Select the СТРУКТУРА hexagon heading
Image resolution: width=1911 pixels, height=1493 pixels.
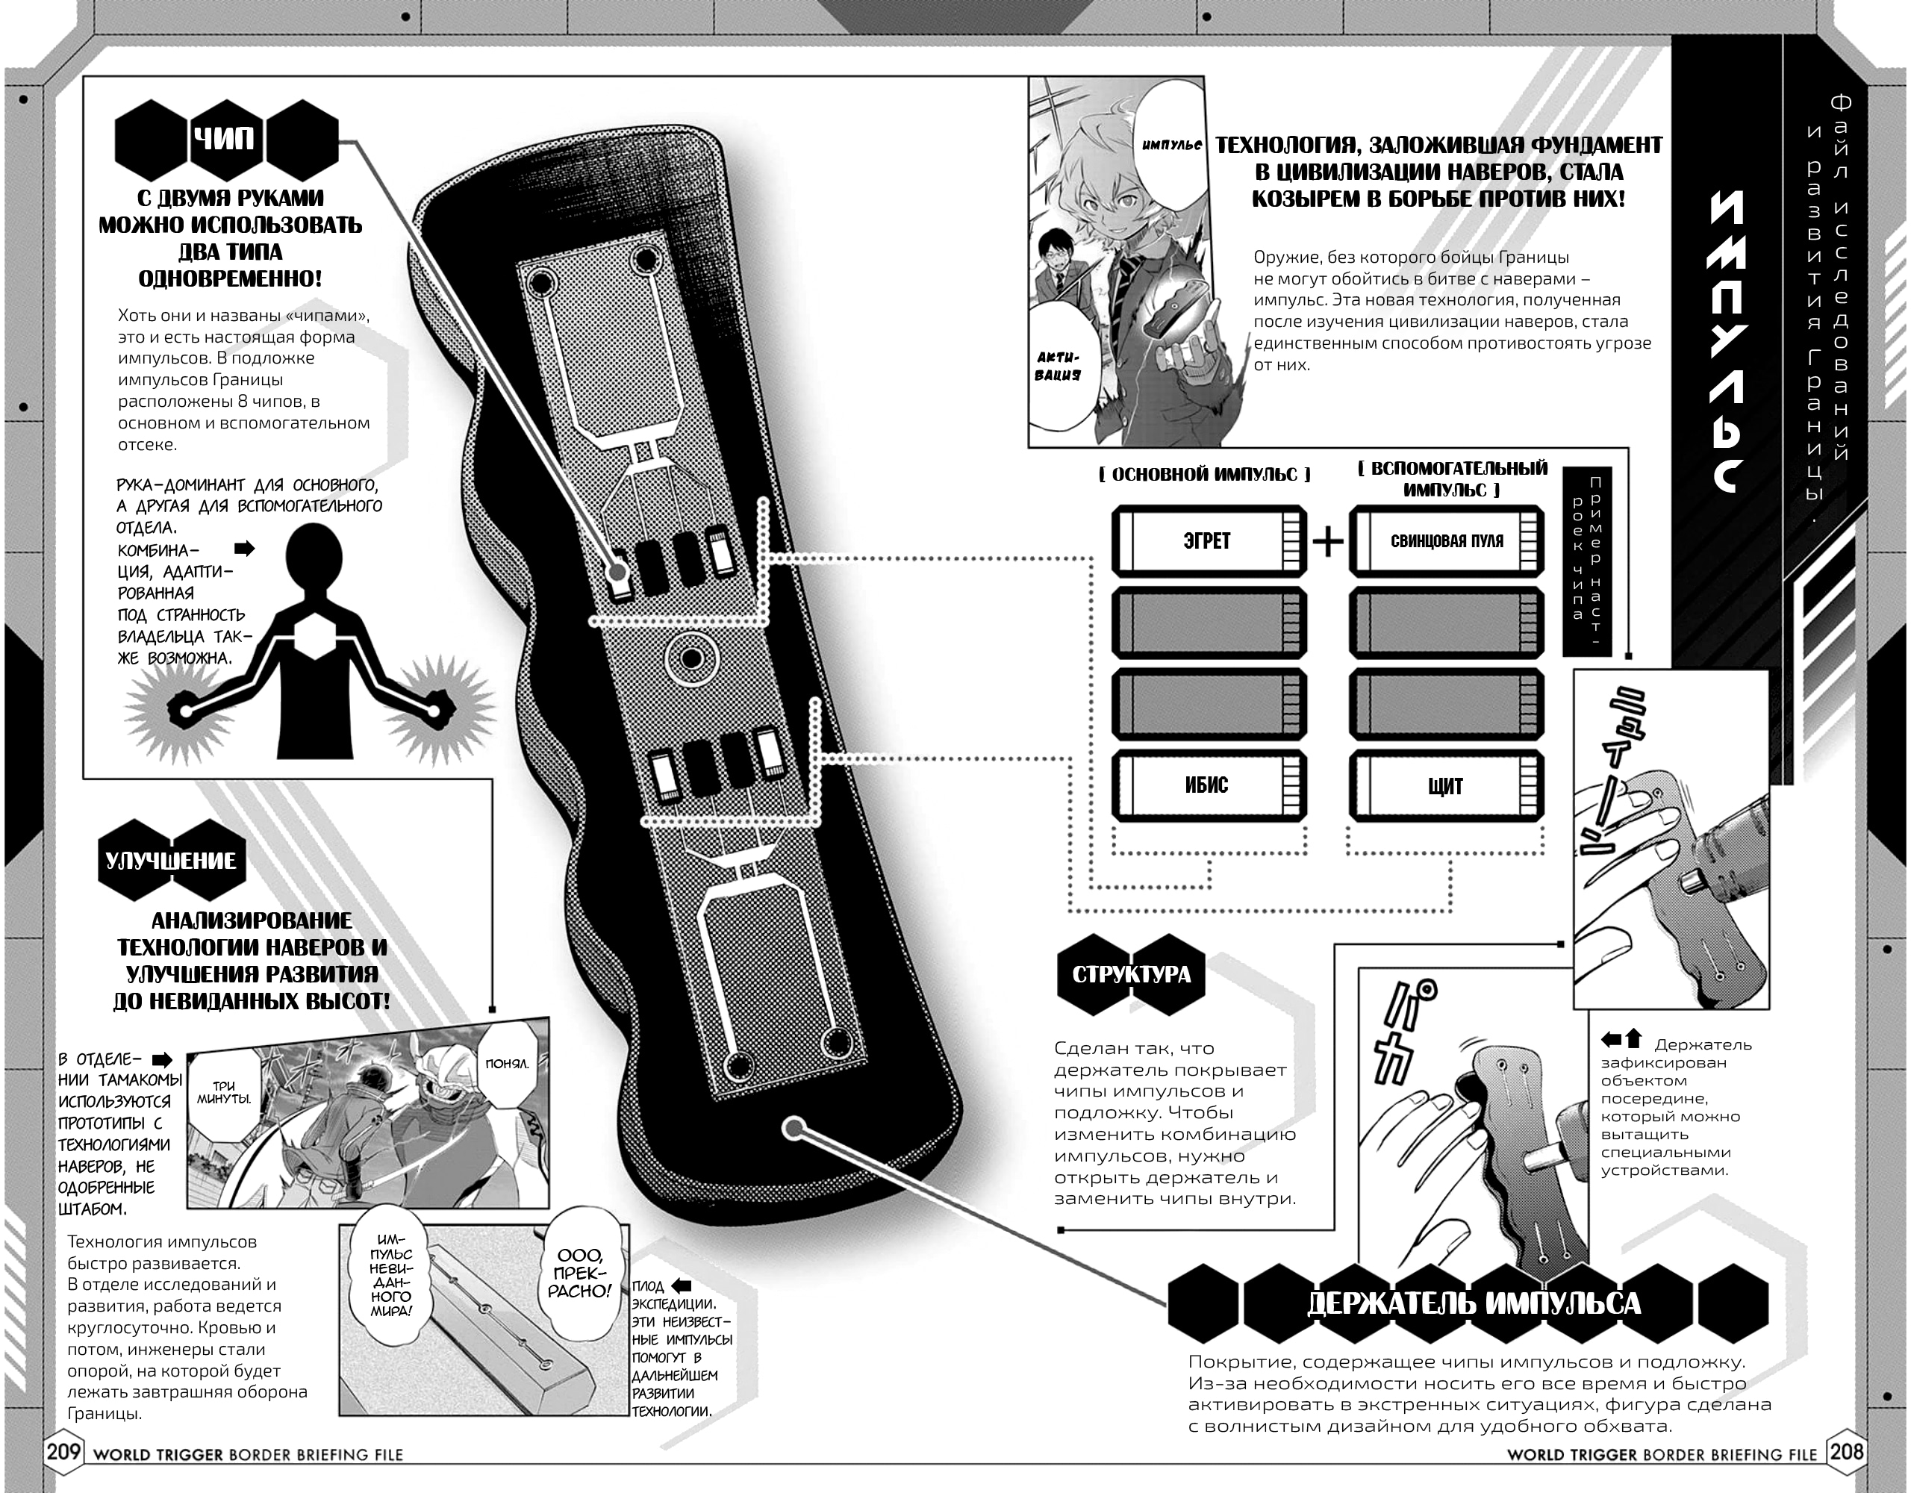(x=1130, y=975)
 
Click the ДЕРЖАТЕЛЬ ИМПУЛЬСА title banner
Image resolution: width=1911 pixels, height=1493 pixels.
(x=1474, y=1303)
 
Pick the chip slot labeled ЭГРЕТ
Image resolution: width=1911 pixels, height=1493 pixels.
(x=1209, y=541)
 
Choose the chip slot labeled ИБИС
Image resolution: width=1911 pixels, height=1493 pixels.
(x=1209, y=785)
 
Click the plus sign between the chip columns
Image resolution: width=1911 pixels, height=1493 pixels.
(x=1327, y=542)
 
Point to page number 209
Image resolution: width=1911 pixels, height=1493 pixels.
(x=63, y=1453)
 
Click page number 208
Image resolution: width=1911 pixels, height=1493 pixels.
(x=1846, y=1453)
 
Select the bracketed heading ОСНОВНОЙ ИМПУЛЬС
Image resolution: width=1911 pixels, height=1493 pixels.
(x=1205, y=474)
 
